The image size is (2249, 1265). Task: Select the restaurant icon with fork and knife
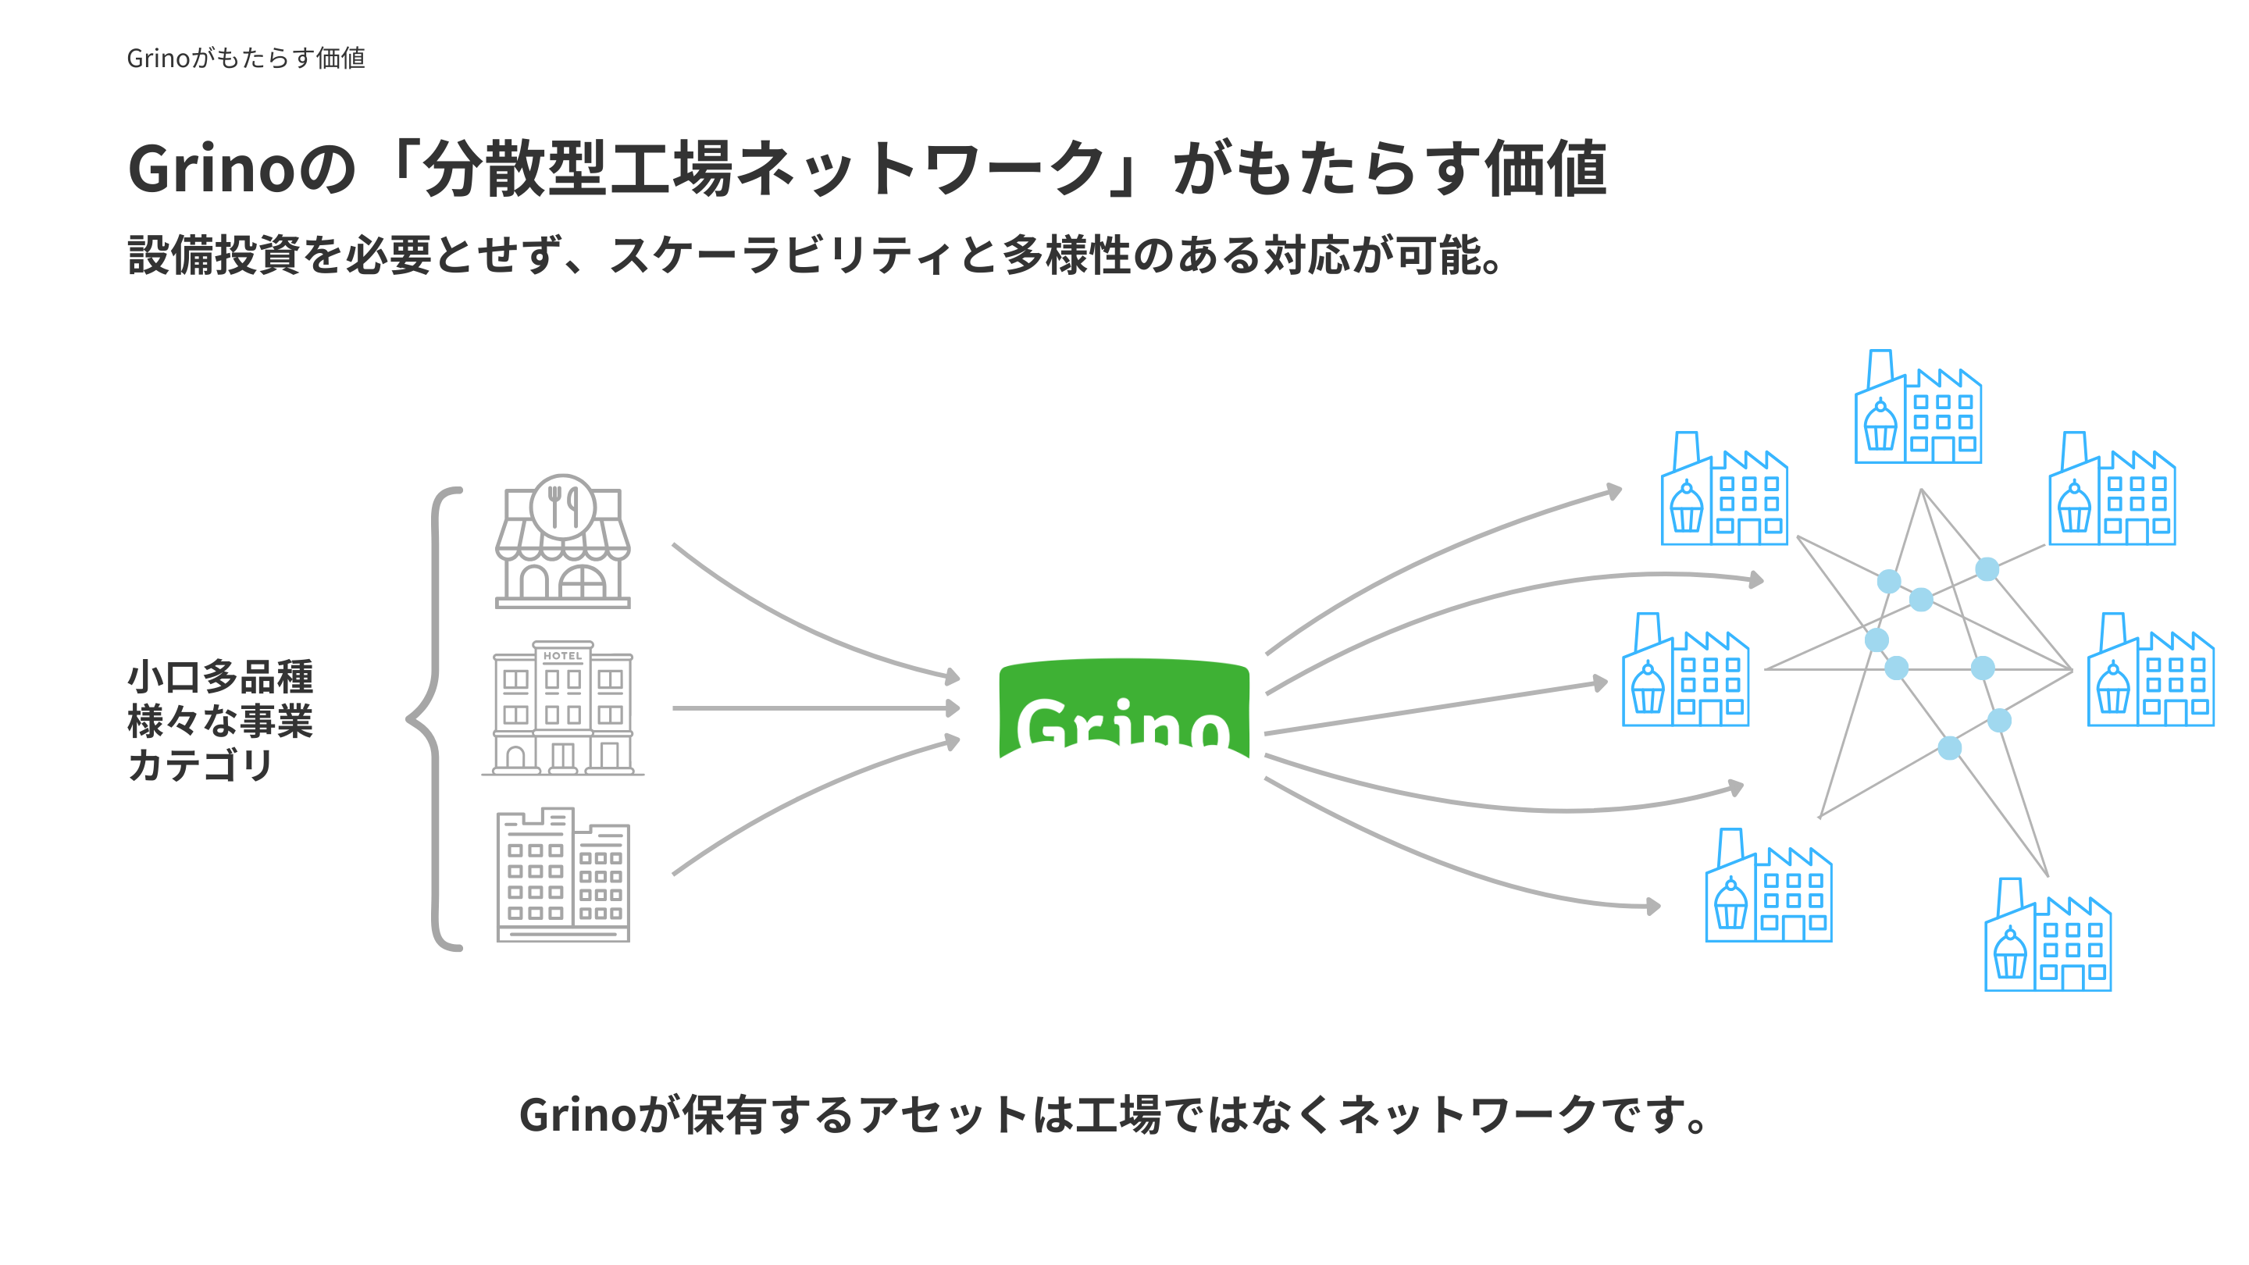pyautogui.click(x=563, y=542)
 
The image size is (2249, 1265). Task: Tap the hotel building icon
pyautogui.click(x=563, y=708)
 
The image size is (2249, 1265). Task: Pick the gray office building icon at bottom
pyautogui.click(x=563, y=875)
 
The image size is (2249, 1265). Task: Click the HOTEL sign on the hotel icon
pyautogui.click(x=562, y=656)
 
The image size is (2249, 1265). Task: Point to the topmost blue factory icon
pyautogui.click(x=1917, y=408)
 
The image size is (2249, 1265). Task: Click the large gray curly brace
pyautogui.click(x=434, y=718)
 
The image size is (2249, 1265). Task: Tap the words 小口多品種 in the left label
pyautogui.click(x=220, y=676)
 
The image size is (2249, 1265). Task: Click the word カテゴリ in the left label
pyautogui.click(x=200, y=764)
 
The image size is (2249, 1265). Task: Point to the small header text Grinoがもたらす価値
pyautogui.click(x=245, y=58)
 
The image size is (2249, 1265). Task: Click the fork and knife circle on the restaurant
pyautogui.click(x=563, y=505)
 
